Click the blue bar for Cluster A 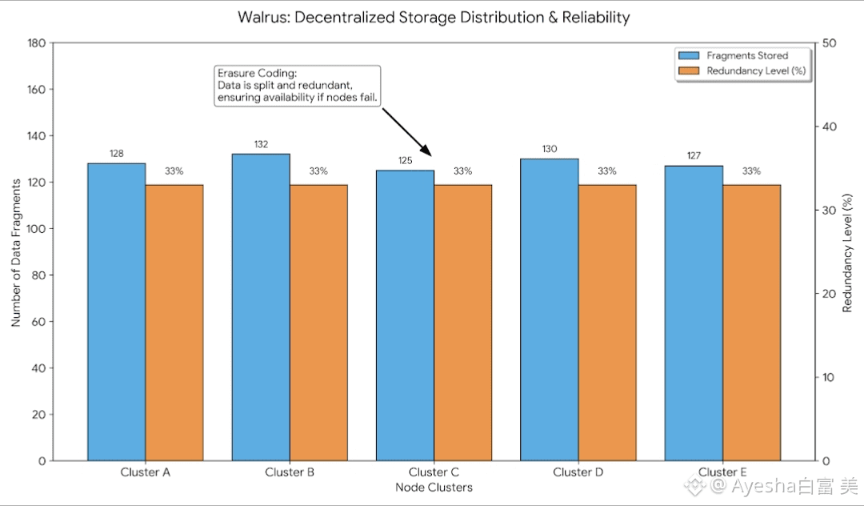[116, 312]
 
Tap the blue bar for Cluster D [549, 310]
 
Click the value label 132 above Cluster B [261, 144]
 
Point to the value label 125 [405, 161]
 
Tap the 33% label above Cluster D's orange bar [607, 171]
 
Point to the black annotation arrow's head [430, 155]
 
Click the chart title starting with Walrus [434, 17]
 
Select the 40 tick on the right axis [829, 127]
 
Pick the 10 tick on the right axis [828, 378]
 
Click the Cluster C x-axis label [434, 472]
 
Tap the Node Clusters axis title [434, 488]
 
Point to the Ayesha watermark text [772, 485]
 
